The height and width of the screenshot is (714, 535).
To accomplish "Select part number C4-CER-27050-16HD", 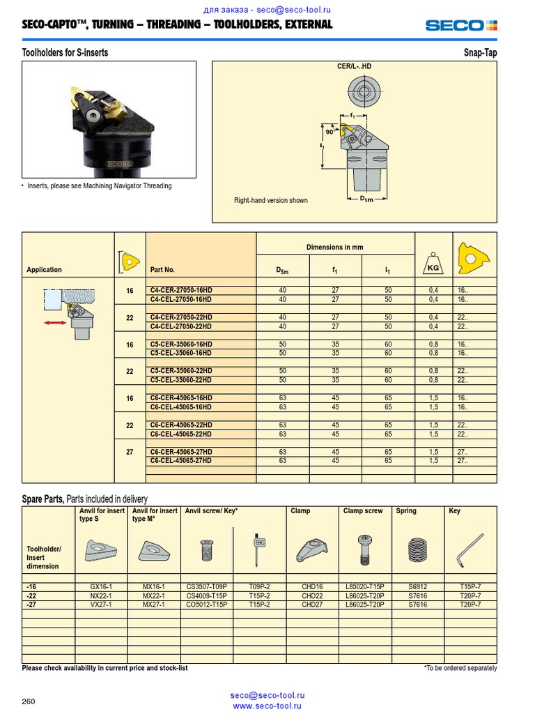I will (181, 290).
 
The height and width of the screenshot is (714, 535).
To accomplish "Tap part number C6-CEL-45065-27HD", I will (181, 461).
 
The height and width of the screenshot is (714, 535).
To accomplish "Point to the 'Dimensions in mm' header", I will (334, 248).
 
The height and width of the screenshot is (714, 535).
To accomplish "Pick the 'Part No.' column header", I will (162, 270).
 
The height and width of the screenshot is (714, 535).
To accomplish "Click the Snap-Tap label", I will (480, 53).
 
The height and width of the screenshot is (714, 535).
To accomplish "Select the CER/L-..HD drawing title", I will (354, 66).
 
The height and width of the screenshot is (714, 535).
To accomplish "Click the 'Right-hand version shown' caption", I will (270, 201).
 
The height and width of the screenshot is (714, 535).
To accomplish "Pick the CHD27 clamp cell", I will (312, 605).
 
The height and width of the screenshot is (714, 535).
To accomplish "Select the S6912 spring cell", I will (419, 587).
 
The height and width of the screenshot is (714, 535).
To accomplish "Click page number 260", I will (29, 701).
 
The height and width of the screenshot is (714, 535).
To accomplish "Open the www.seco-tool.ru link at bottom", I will (267, 706).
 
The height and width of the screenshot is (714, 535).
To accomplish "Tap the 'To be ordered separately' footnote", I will (460, 668).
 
